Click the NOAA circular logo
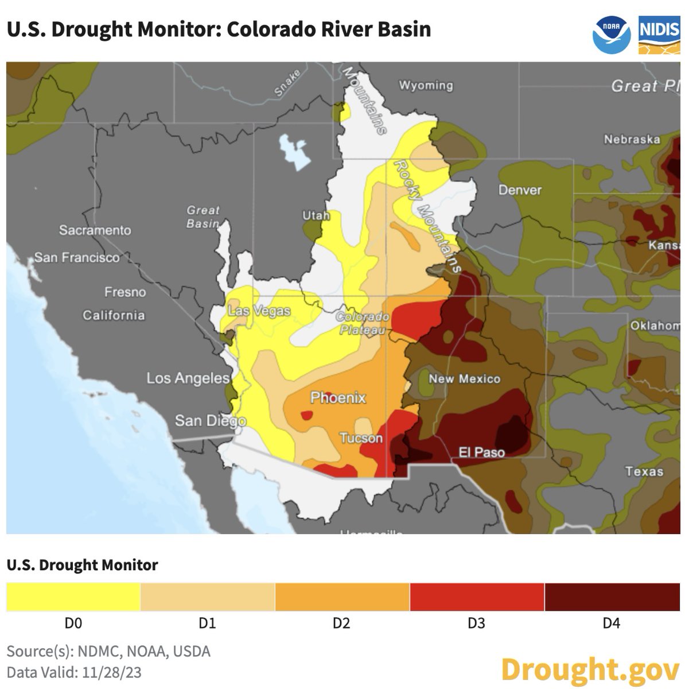click(x=612, y=34)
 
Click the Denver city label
click(x=520, y=190)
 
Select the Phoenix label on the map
click(x=338, y=397)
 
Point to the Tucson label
click(x=361, y=439)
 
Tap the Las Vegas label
click(x=259, y=311)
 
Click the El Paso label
click(x=481, y=452)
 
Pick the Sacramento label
click(x=95, y=230)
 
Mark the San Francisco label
click(x=77, y=257)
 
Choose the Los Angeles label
click(x=188, y=378)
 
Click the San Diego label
click(x=210, y=421)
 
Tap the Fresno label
click(x=125, y=292)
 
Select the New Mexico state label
click(x=464, y=379)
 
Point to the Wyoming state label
click(x=426, y=86)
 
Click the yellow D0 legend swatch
click(x=73, y=597)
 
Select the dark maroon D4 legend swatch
click(x=612, y=597)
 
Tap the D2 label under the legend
click(x=341, y=624)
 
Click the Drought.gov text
click(x=589, y=669)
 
